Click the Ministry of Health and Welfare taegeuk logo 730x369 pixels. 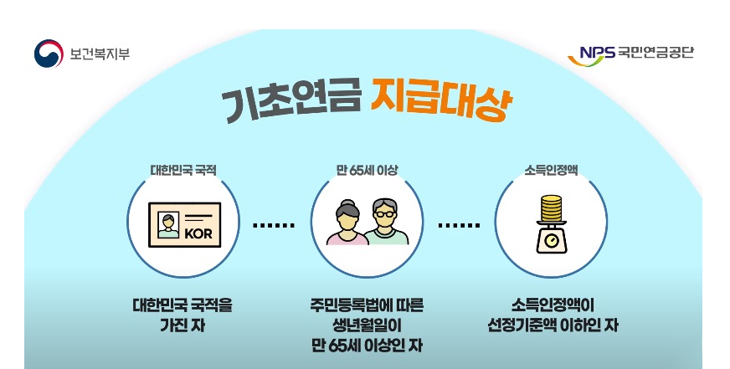(49, 54)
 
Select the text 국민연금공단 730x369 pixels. (657, 54)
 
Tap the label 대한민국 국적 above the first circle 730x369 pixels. (182, 169)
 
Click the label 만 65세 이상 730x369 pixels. (366, 169)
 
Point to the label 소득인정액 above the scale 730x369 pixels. (548, 169)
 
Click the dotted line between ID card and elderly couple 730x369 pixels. (274, 225)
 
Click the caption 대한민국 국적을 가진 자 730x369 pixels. (182, 314)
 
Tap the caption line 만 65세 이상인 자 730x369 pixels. (366, 343)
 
